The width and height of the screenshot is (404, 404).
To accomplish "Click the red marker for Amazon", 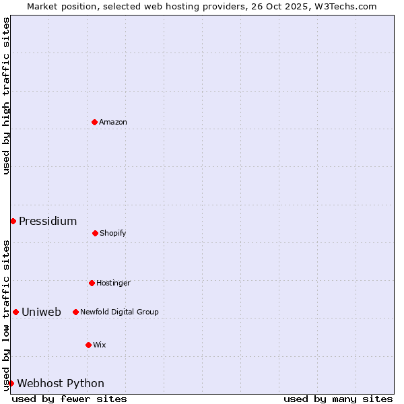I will click(x=94, y=122).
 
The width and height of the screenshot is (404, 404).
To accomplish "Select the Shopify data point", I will click(x=95, y=233).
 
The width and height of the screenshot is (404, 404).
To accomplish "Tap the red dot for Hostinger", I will click(x=92, y=283).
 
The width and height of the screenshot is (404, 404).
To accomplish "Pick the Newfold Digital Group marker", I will click(x=75, y=312).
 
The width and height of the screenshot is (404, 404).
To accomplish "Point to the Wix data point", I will click(x=88, y=345).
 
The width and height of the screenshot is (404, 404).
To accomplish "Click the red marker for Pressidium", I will click(x=13, y=221).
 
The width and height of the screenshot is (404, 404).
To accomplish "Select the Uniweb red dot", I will click(x=15, y=312).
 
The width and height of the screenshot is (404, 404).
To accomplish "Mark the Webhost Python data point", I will click(x=11, y=383).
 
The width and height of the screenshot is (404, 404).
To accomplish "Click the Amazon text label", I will click(x=113, y=122).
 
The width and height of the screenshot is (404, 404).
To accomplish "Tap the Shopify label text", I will click(x=113, y=233).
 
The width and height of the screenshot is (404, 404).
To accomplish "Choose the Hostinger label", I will click(x=113, y=283).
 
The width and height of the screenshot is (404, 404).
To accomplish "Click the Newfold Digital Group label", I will click(x=119, y=312).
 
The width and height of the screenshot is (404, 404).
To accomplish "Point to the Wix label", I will click(x=100, y=345).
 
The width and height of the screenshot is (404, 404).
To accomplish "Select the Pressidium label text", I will click(x=48, y=221).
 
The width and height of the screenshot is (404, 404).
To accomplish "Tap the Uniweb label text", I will click(x=41, y=312).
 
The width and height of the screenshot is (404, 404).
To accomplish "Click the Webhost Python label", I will click(x=61, y=383).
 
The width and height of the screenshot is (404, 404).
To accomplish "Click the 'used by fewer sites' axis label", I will click(x=69, y=399).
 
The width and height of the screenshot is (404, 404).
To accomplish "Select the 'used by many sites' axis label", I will click(x=338, y=399).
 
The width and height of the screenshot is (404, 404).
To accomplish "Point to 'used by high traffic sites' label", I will click(x=6, y=96).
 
